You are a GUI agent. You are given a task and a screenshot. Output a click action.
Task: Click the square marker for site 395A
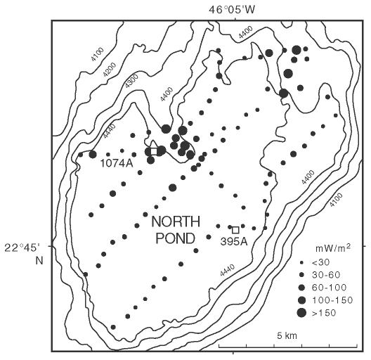tap(235, 230)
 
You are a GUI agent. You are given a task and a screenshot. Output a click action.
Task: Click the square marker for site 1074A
tap(154, 151)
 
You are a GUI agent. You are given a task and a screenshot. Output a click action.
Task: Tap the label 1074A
tap(117, 163)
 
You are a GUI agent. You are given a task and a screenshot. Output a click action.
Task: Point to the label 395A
tap(234, 242)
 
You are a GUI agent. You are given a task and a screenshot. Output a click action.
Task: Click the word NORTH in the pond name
tap(176, 222)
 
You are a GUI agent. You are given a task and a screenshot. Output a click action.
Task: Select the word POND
tap(176, 238)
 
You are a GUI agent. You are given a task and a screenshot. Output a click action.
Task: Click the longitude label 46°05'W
tap(232, 10)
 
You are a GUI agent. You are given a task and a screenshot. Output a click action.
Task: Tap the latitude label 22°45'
tap(22, 248)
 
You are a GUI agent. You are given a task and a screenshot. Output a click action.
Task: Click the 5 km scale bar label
tap(287, 335)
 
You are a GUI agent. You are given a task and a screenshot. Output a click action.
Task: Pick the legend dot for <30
tap(301, 262)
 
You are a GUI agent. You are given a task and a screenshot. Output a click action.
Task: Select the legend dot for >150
tap(301, 313)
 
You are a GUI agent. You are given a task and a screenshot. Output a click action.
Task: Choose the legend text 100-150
tap(332, 300)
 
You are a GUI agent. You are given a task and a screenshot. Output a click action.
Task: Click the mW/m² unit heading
tap(333, 248)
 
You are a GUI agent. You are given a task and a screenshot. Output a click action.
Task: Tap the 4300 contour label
tap(131, 81)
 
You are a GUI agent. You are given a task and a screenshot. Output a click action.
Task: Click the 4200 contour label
tap(110, 70)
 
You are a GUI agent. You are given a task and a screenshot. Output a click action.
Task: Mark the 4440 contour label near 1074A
tap(110, 131)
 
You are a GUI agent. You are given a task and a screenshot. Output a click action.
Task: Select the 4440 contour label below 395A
tap(228, 270)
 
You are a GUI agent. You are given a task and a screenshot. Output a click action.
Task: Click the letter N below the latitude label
tap(39, 261)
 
